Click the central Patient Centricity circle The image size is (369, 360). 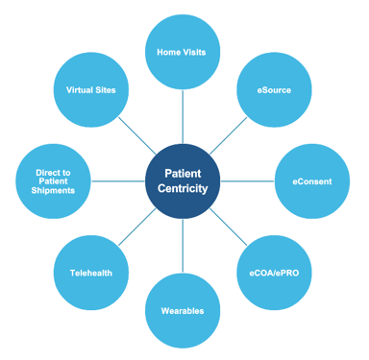tap(183, 180)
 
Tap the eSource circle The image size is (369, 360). tap(275, 89)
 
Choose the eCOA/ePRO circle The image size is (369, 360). tap(275, 273)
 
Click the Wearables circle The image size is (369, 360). tap(183, 310)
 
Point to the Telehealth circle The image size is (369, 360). tap(91, 273)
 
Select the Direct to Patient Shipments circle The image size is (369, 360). tap(54, 180)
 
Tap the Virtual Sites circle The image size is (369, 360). tap(91, 89)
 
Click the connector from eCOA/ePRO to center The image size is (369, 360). tap(229, 227)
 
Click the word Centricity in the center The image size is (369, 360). tap(183, 188)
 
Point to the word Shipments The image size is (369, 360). tap(54, 190)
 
